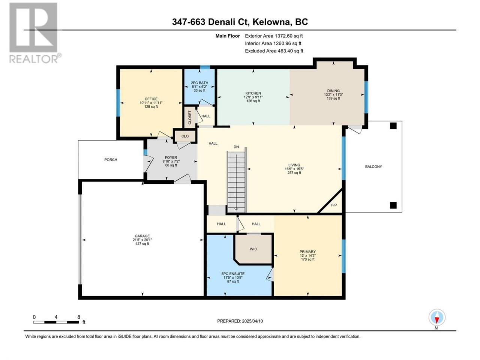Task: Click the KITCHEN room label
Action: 253,93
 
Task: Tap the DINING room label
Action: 333,91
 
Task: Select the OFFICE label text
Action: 151,99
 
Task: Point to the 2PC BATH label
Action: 199,83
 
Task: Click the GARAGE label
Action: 142,236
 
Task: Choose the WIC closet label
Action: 253,249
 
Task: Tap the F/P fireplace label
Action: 334,205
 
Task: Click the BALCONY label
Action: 373,166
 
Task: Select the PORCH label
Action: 111,160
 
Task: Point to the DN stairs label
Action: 236,147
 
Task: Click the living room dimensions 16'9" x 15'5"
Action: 294,169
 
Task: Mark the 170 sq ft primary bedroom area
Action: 307,259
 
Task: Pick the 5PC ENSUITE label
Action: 233,274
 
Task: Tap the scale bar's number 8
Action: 79,317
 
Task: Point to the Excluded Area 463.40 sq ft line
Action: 274,51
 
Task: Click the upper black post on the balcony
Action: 393,126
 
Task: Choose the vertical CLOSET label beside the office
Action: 190,117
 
